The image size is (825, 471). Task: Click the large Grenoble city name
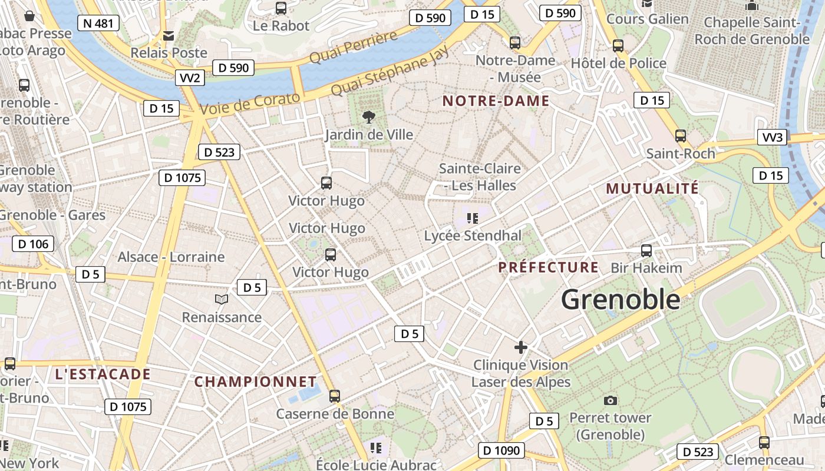point(621,300)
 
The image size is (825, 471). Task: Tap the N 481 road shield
point(98,24)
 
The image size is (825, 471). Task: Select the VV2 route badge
point(190,78)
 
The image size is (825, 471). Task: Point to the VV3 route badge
point(773,138)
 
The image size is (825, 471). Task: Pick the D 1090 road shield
point(501,451)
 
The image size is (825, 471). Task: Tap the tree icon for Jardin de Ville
point(369,117)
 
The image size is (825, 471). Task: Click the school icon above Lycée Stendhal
point(472,218)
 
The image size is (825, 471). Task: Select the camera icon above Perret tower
point(610,401)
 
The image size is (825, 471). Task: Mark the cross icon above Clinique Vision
point(521,347)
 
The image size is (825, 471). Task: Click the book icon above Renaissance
point(222,300)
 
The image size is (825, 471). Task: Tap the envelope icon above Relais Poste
point(169,36)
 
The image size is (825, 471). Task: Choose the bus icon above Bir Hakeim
point(646,251)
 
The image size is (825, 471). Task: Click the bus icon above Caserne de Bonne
point(335,396)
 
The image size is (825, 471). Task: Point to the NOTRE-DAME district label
point(496,101)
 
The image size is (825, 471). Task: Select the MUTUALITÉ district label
point(652,189)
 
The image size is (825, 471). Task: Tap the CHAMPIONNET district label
point(256,382)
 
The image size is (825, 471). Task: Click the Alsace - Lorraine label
point(171,257)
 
